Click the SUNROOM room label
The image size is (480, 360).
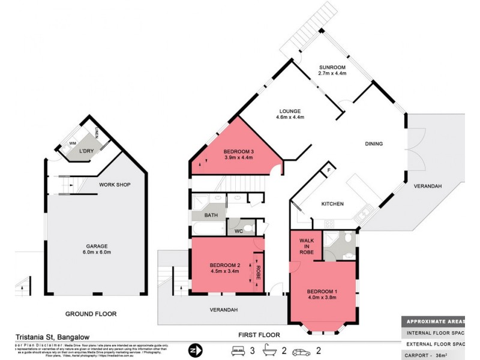coord(331,67)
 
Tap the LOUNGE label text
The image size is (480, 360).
coord(290,111)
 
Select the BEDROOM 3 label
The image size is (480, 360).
coord(239,151)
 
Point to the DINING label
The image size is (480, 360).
coord(374,144)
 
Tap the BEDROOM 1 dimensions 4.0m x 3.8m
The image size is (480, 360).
coord(322,297)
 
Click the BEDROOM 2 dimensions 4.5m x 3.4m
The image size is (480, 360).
coord(224,271)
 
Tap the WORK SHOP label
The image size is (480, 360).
coord(115,185)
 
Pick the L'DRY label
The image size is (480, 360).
coord(88,151)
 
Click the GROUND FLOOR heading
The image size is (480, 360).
coord(91,314)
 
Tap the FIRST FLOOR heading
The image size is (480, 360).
coord(259,335)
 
